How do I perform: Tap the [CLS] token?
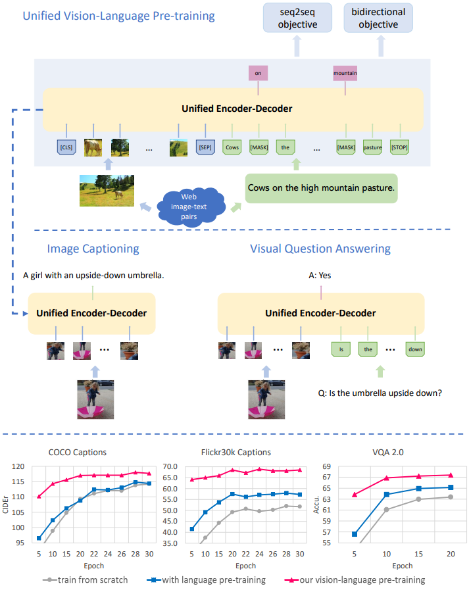(x=66, y=147)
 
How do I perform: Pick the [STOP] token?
(x=399, y=147)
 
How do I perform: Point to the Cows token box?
(x=232, y=147)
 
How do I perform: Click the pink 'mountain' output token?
(x=345, y=74)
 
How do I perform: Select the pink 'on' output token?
(x=259, y=74)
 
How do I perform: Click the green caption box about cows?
(x=322, y=187)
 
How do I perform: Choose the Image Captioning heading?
(x=93, y=249)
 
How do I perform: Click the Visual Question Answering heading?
(x=320, y=249)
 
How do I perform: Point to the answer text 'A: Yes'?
(x=320, y=276)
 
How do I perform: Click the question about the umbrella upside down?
(x=380, y=393)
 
